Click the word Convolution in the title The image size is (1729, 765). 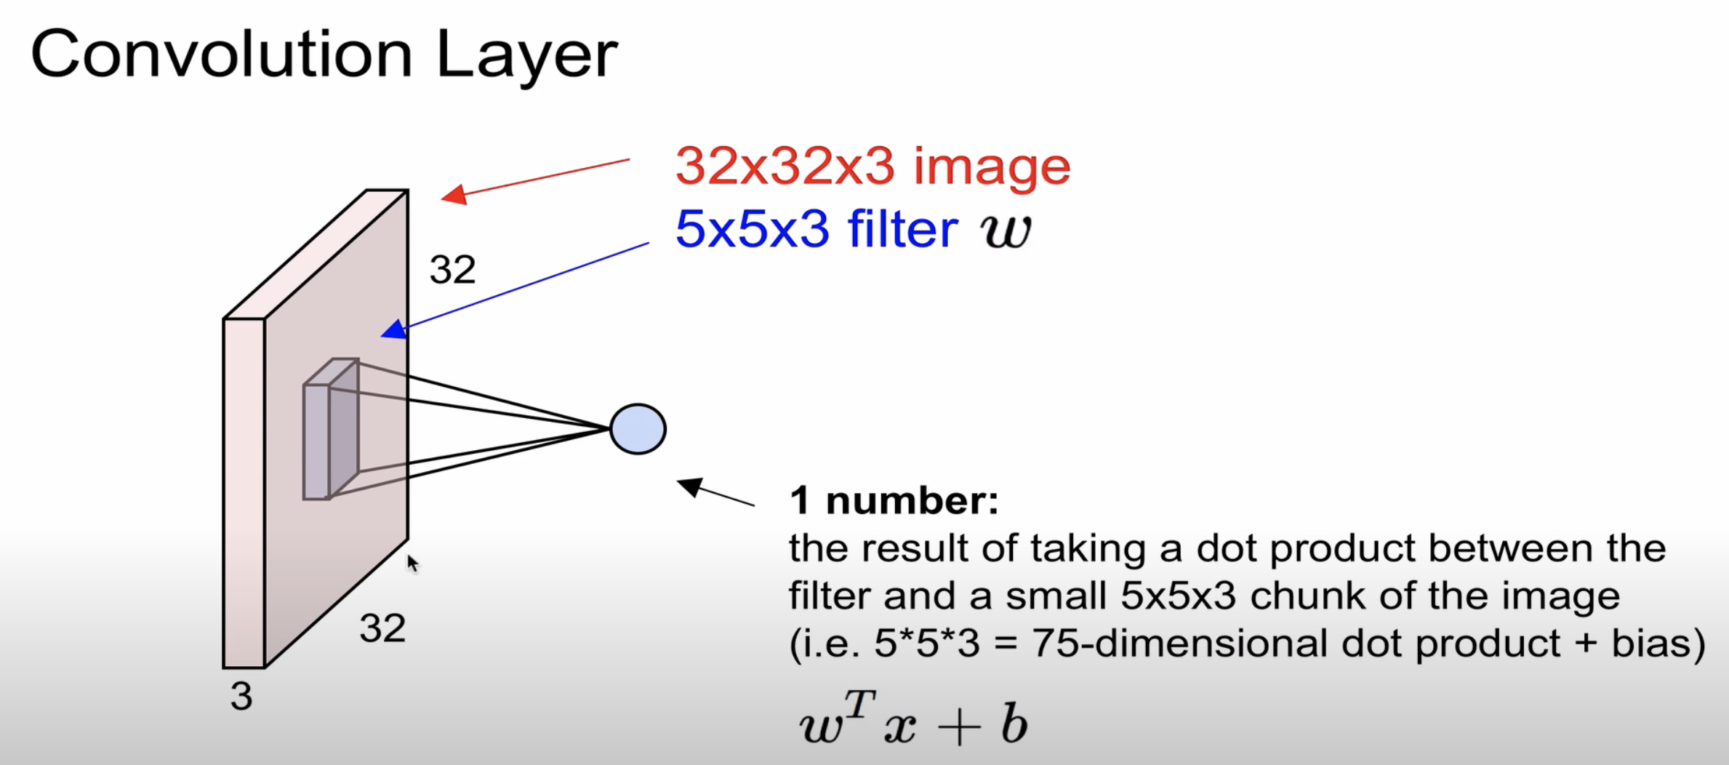click(x=221, y=55)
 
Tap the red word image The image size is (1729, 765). click(x=992, y=168)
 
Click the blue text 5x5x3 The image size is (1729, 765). click(x=752, y=230)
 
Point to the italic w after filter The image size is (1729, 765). click(x=1006, y=231)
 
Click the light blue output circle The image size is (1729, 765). click(x=638, y=429)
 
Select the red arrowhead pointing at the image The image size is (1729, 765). click(x=454, y=195)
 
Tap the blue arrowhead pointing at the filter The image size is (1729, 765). click(x=393, y=331)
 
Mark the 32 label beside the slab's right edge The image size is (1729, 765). click(x=452, y=270)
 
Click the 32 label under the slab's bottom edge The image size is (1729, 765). click(x=382, y=628)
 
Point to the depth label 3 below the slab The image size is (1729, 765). click(x=241, y=697)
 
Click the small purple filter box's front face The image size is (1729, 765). click(x=316, y=442)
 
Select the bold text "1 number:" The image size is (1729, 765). click(x=894, y=501)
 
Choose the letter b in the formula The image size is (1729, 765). click(x=1014, y=724)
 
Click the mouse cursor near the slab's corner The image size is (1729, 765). click(x=412, y=564)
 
